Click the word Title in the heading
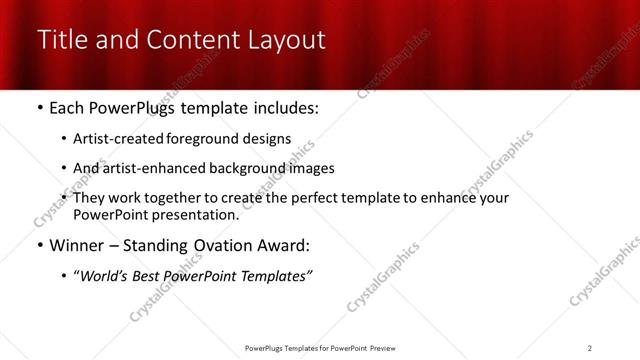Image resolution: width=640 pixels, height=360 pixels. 64,41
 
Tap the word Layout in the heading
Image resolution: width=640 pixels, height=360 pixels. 284,41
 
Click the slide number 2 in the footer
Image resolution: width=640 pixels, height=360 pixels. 589,348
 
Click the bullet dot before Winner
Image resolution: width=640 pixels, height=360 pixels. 40,245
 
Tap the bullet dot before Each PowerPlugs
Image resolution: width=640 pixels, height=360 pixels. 40,108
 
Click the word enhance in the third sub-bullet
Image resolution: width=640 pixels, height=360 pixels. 450,198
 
